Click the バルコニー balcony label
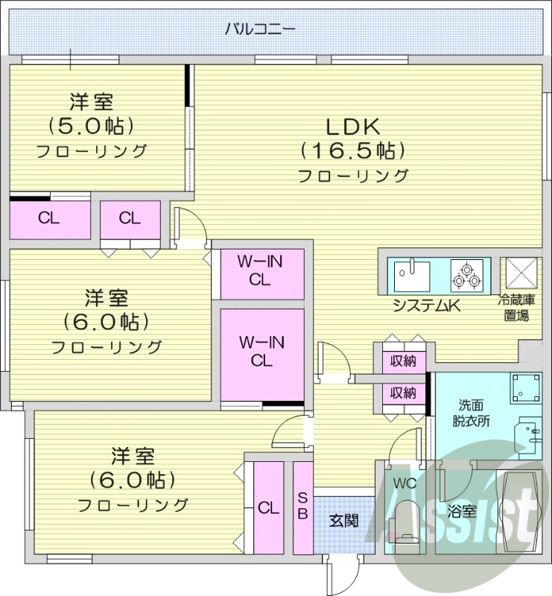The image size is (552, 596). point(260,30)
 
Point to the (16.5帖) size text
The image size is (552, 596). point(353,150)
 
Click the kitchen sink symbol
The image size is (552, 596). point(410,275)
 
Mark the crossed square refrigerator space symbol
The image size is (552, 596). point(518,273)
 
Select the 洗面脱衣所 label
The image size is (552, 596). point(474,413)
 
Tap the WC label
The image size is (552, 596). point(404,482)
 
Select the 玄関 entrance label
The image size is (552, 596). point(344,519)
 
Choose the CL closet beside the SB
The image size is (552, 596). point(268,507)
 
